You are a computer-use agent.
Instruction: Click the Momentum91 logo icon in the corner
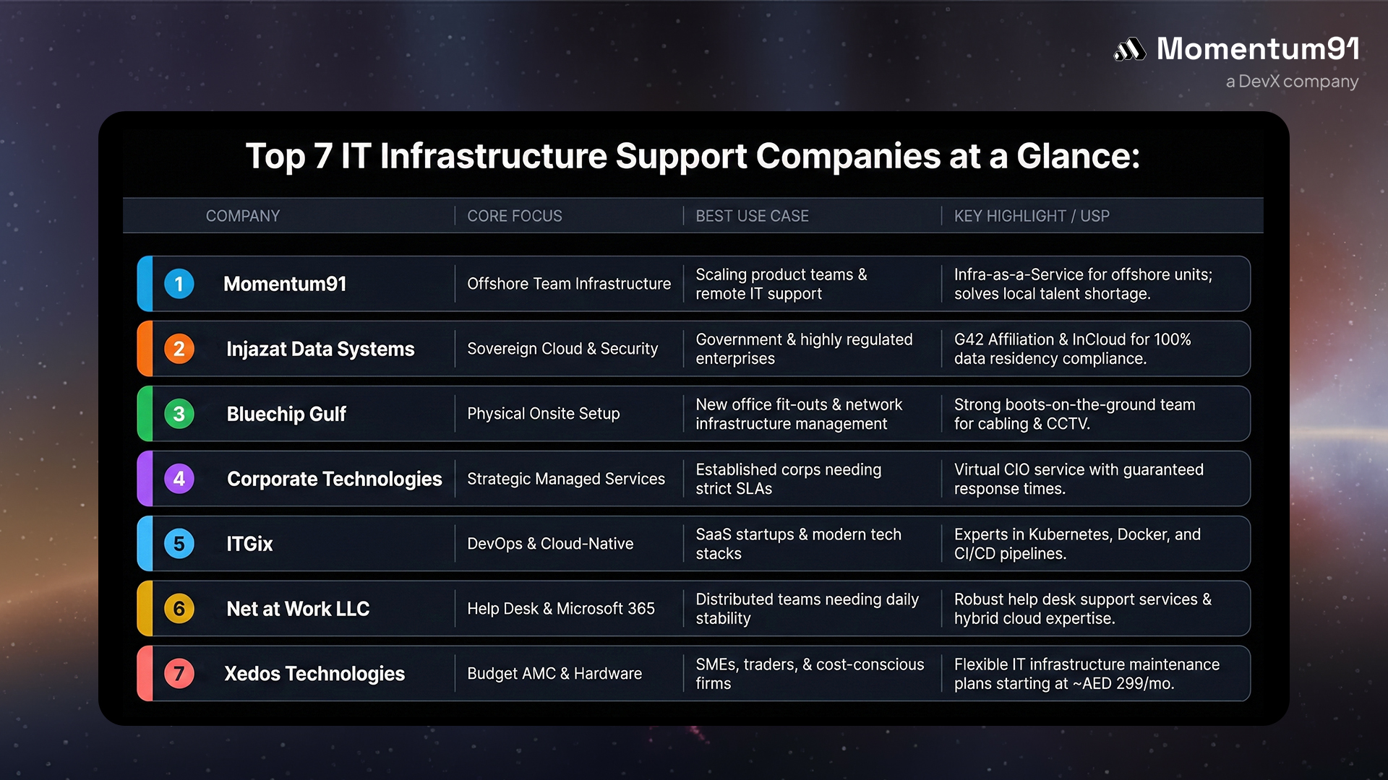click(x=1129, y=50)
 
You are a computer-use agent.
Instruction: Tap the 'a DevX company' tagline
click(x=1292, y=82)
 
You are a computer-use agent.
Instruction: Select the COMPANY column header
click(x=242, y=216)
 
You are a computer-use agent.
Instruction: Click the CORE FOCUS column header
click(x=514, y=216)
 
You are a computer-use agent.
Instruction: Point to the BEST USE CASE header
click(x=752, y=216)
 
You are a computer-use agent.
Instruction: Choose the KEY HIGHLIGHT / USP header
click(x=1031, y=216)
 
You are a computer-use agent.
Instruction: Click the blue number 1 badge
click(x=179, y=284)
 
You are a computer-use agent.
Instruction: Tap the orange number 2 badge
click(x=179, y=349)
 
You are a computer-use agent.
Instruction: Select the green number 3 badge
click(x=179, y=414)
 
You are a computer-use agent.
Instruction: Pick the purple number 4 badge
click(x=179, y=479)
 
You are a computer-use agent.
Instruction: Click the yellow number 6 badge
click(x=179, y=609)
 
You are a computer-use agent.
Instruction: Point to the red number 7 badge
click(x=179, y=674)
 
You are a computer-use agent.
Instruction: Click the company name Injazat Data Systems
click(x=320, y=349)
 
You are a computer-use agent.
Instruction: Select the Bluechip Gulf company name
click(x=286, y=414)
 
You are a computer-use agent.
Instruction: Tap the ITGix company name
click(x=249, y=544)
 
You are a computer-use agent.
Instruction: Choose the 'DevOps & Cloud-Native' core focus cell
click(x=550, y=544)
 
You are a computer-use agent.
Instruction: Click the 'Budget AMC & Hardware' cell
click(x=554, y=674)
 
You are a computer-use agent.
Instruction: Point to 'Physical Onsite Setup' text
click(x=544, y=414)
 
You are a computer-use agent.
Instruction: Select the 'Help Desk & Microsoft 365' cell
click(x=561, y=609)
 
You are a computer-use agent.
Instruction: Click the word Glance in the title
click(x=1077, y=156)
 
